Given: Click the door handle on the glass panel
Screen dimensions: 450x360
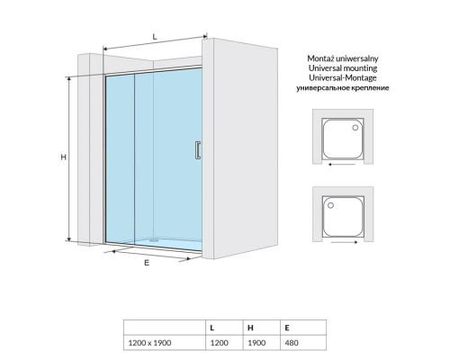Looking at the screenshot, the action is [x=198, y=149].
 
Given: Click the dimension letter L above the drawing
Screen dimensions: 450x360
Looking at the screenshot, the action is [x=155, y=37].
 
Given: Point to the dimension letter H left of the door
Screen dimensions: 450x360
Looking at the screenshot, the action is [x=63, y=157].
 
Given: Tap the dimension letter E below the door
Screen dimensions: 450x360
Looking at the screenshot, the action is [x=147, y=263].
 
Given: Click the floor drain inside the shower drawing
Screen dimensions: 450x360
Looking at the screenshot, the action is [x=154, y=239].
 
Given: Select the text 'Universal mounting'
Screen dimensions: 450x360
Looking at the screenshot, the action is [x=343, y=68].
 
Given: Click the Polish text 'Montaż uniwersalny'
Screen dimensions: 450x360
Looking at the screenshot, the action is [x=343, y=58].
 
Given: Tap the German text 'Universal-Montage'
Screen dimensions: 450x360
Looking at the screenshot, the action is [x=343, y=78].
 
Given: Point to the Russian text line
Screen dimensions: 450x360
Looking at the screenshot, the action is [x=343, y=88].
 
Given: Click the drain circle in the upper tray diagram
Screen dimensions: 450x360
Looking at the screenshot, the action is [x=355, y=128].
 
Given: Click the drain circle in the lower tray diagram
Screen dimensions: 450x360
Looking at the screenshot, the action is [x=330, y=205].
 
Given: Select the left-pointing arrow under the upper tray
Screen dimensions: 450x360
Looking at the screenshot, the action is [x=342, y=165].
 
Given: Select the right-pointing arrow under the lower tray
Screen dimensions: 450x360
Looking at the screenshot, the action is [x=345, y=242].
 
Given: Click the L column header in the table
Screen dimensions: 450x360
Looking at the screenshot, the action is [x=212, y=328].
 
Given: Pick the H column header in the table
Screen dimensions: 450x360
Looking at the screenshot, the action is [x=250, y=328].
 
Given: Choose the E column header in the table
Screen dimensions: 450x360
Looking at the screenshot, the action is [x=287, y=328].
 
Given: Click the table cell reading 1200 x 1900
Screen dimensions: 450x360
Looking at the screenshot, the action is [x=149, y=343].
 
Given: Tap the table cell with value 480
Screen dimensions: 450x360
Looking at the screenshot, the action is [x=292, y=343].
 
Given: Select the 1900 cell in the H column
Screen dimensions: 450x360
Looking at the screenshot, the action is [x=256, y=343].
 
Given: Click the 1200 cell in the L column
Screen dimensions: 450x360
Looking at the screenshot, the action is [x=219, y=343].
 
